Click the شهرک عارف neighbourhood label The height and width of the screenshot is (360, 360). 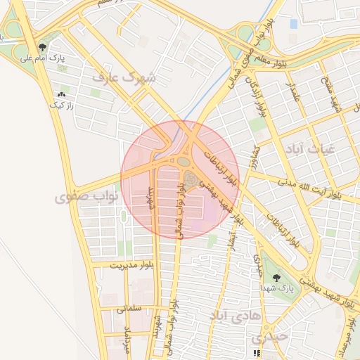(129, 76)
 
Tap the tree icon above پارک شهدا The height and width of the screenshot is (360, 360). (276, 277)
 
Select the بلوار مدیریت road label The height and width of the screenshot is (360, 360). (131, 265)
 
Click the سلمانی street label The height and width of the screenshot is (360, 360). (130, 307)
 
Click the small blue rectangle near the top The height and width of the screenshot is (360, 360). (293, 24)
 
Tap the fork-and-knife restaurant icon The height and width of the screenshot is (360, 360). (257, 353)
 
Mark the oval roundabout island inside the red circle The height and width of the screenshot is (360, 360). (184, 162)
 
